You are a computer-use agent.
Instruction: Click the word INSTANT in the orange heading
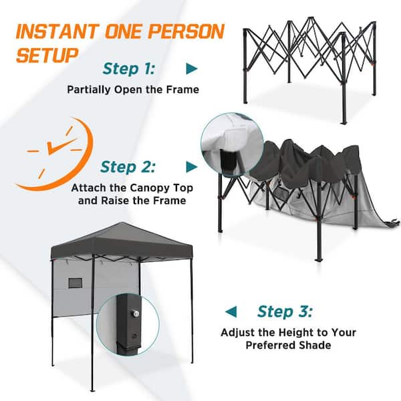tap(57, 31)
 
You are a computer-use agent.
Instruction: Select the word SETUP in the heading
tap(47, 55)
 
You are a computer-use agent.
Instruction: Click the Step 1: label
tap(128, 69)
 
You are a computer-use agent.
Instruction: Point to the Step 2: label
tap(128, 167)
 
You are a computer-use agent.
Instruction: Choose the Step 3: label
tap(285, 311)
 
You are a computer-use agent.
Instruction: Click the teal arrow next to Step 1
tap(192, 69)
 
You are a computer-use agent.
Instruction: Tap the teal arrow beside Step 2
tap(192, 167)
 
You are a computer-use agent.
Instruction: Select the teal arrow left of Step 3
tap(231, 311)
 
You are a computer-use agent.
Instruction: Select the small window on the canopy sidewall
tap(76, 283)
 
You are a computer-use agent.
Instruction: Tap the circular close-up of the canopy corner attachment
tap(232, 145)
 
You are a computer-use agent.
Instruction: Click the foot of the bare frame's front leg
tap(344, 122)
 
